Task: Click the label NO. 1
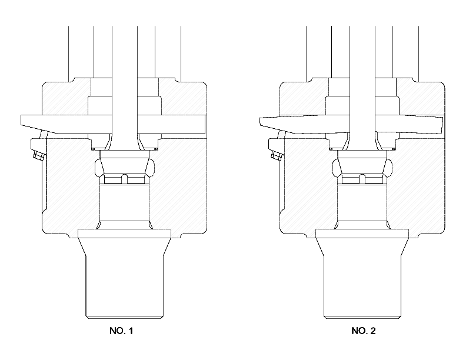(121, 331)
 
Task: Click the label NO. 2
(364, 331)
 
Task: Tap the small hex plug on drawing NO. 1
(38, 156)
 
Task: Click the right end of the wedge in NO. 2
(442, 124)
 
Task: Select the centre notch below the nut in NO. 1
(125, 179)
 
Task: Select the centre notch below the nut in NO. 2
(362, 179)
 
